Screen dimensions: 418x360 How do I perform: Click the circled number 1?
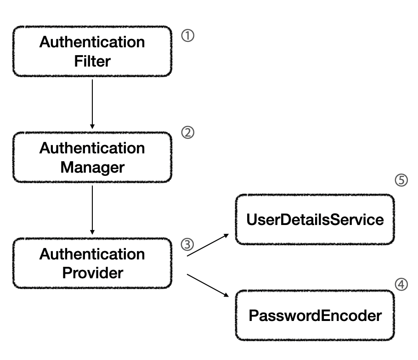(188, 36)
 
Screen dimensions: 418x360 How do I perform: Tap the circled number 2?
(188, 133)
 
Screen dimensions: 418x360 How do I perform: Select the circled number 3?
(187, 245)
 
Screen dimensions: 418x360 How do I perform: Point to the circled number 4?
(401, 284)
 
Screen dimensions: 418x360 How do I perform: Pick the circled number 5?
(401, 180)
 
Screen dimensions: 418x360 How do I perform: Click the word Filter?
(92, 61)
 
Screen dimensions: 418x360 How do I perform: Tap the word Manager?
(92, 167)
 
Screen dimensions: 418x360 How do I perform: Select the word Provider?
(92, 273)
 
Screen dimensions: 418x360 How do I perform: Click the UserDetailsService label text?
(315, 219)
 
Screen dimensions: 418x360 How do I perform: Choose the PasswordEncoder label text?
(315, 315)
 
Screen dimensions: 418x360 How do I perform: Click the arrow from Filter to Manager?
(92, 104)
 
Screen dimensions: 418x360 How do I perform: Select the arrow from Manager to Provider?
(92, 210)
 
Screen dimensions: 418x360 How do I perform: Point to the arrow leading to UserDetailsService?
(208, 245)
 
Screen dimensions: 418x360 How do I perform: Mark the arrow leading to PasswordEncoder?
(208, 286)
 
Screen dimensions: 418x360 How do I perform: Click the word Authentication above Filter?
(92, 42)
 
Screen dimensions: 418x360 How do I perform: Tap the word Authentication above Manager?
(92, 148)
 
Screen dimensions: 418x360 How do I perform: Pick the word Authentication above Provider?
(92, 254)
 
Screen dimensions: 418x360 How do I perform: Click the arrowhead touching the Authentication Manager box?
(92, 127)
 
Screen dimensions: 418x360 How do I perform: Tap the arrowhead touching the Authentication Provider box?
(92, 232)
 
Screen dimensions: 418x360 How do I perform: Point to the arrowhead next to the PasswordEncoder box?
(226, 295)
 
